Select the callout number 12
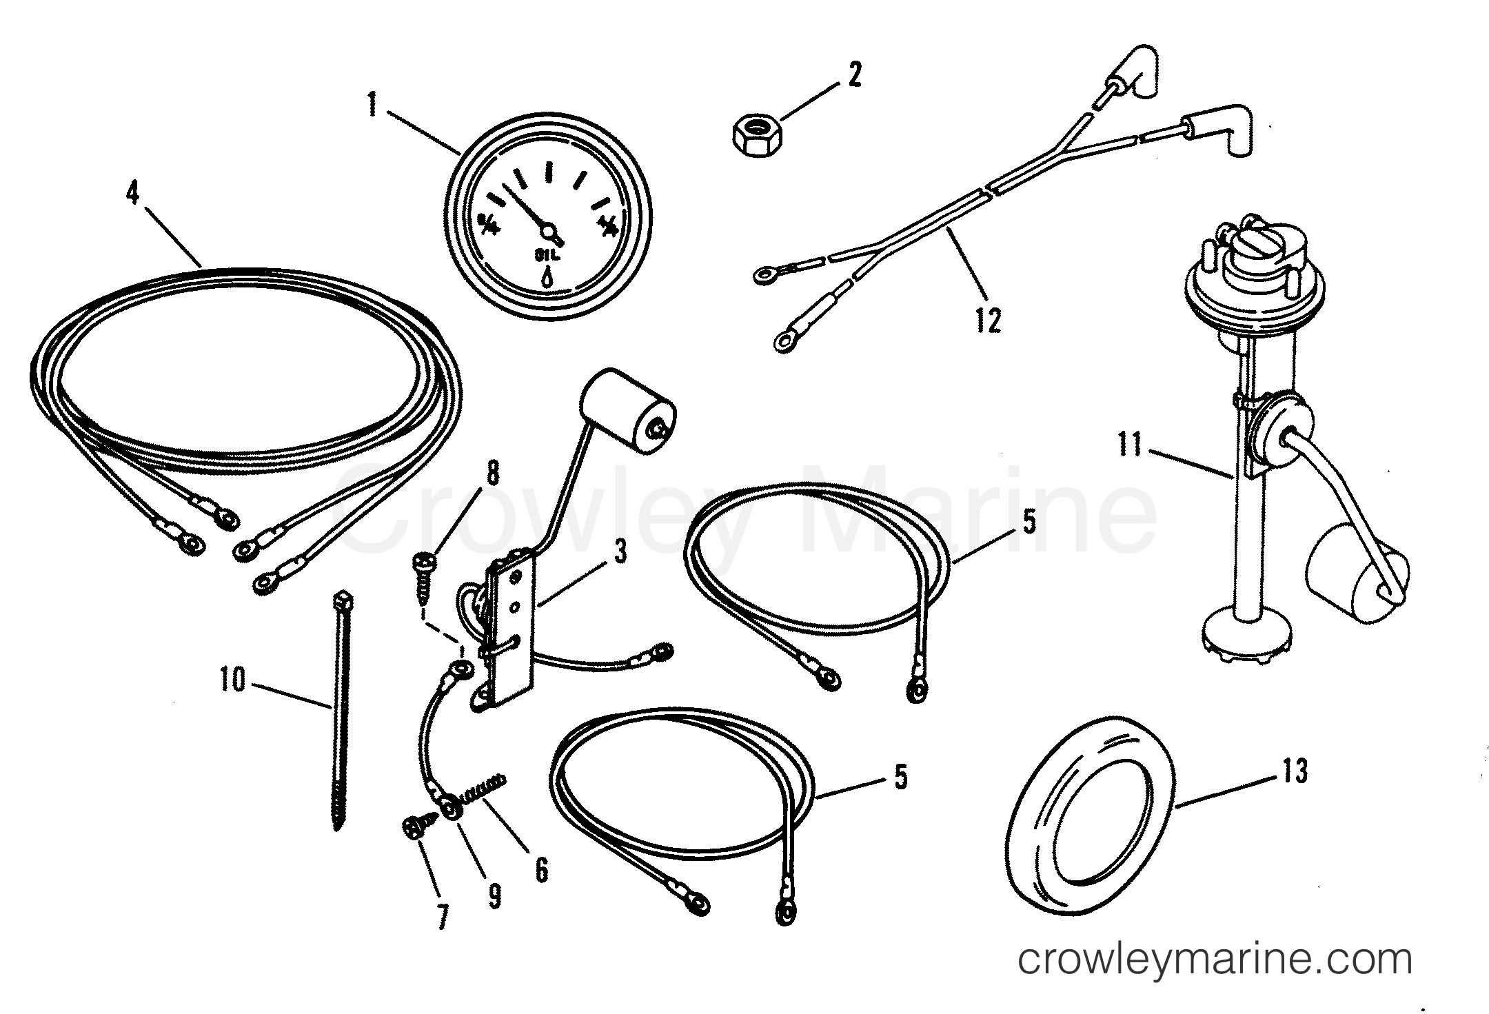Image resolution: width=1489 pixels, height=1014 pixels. click(987, 321)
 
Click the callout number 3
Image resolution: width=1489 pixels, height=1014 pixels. click(620, 553)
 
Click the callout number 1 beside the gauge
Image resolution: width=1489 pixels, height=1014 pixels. click(373, 108)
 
